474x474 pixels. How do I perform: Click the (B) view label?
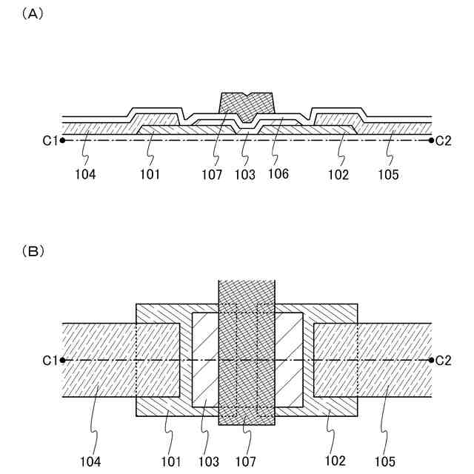point(34,251)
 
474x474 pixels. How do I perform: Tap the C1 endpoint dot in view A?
point(63,140)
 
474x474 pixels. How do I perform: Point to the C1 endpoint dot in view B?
point(63,361)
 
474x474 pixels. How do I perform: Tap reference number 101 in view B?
point(171,461)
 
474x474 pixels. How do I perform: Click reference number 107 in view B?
point(246,461)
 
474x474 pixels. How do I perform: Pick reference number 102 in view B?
point(335,461)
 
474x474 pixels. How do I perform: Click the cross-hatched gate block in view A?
point(247,104)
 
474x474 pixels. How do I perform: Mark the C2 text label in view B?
point(444,361)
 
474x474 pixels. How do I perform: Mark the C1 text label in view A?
point(50,140)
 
